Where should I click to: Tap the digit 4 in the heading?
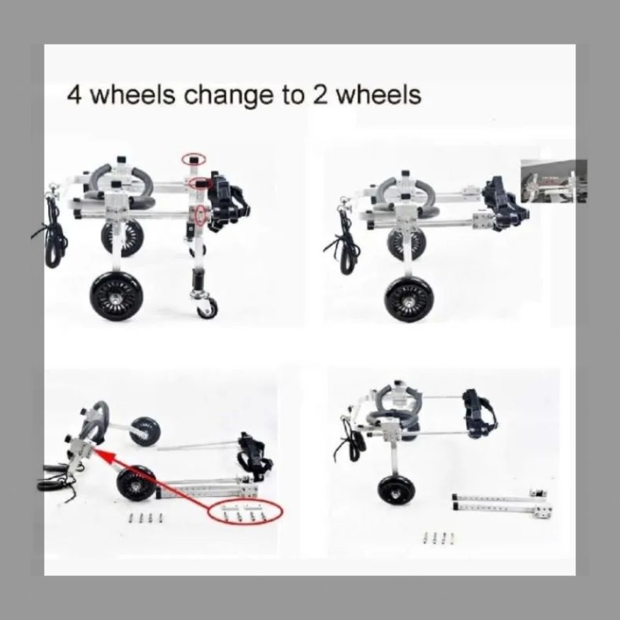coord(74,94)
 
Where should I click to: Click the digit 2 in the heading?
coord(320,94)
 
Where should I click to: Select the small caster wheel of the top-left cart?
coord(207,308)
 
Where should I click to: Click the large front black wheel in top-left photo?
coord(117,295)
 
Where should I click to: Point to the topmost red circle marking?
coord(193,159)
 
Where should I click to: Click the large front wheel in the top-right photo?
coord(408,300)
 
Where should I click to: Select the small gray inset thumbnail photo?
coord(554,181)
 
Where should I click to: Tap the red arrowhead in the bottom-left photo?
coord(103,456)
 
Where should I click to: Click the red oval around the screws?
coord(246,512)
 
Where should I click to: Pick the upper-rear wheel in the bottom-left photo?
coord(145,432)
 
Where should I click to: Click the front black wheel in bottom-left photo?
coord(137,483)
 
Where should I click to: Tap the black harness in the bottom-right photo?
coord(480,414)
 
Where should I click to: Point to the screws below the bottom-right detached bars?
coord(439,537)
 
